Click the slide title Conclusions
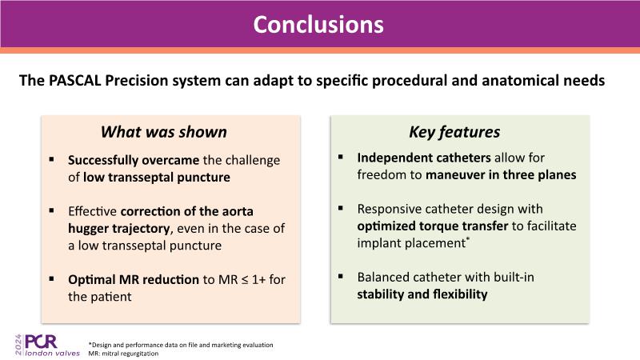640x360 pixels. [x=318, y=24]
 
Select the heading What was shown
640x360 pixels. [x=163, y=132]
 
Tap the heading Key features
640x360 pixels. [x=454, y=132]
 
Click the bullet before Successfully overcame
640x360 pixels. [x=52, y=158]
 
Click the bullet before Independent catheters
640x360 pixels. [x=341, y=158]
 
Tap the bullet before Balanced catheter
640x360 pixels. [x=341, y=277]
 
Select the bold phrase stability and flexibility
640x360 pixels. [x=422, y=294]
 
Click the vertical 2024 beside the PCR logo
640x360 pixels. [x=16, y=345]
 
